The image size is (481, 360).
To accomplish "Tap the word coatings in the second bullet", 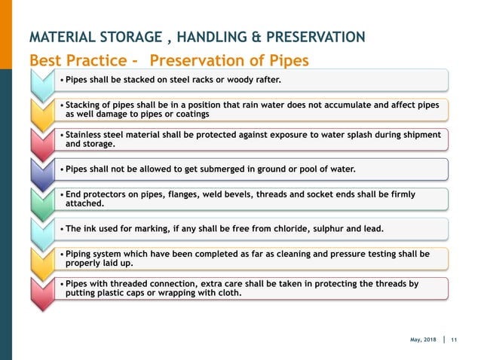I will coord(188,114).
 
